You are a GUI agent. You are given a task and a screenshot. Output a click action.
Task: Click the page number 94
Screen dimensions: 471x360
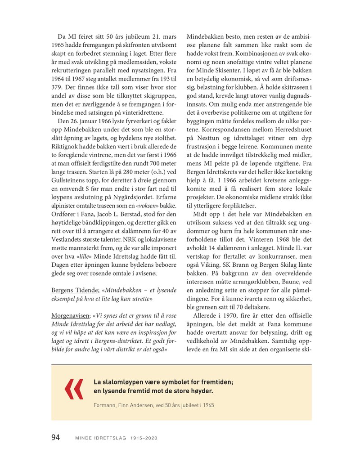click(58, 438)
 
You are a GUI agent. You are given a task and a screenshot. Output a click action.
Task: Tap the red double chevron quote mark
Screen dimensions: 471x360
click(74, 389)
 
